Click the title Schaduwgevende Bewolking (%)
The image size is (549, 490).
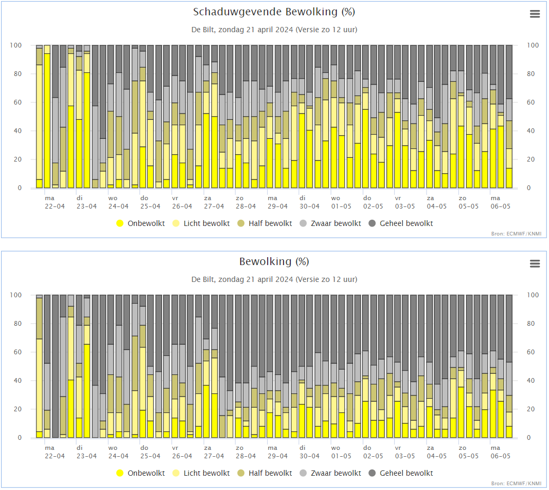click(x=274, y=12)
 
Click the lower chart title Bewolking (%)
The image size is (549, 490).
click(x=274, y=261)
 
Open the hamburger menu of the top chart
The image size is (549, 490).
click(x=535, y=14)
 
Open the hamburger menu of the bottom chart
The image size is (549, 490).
click(x=535, y=263)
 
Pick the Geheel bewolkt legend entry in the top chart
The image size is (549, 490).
click(x=401, y=223)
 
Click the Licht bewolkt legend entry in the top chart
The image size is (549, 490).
click(x=201, y=223)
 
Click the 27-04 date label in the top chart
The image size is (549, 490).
click(x=214, y=206)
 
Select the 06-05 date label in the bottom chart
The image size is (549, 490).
click(x=500, y=456)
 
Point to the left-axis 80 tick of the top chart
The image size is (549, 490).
click(x=17, y=74)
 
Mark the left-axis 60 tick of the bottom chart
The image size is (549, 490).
click(x=17, y=352)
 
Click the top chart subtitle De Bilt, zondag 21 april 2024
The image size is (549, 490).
click(x=274, y=30)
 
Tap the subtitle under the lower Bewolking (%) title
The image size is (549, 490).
click(x=274, y=279)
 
